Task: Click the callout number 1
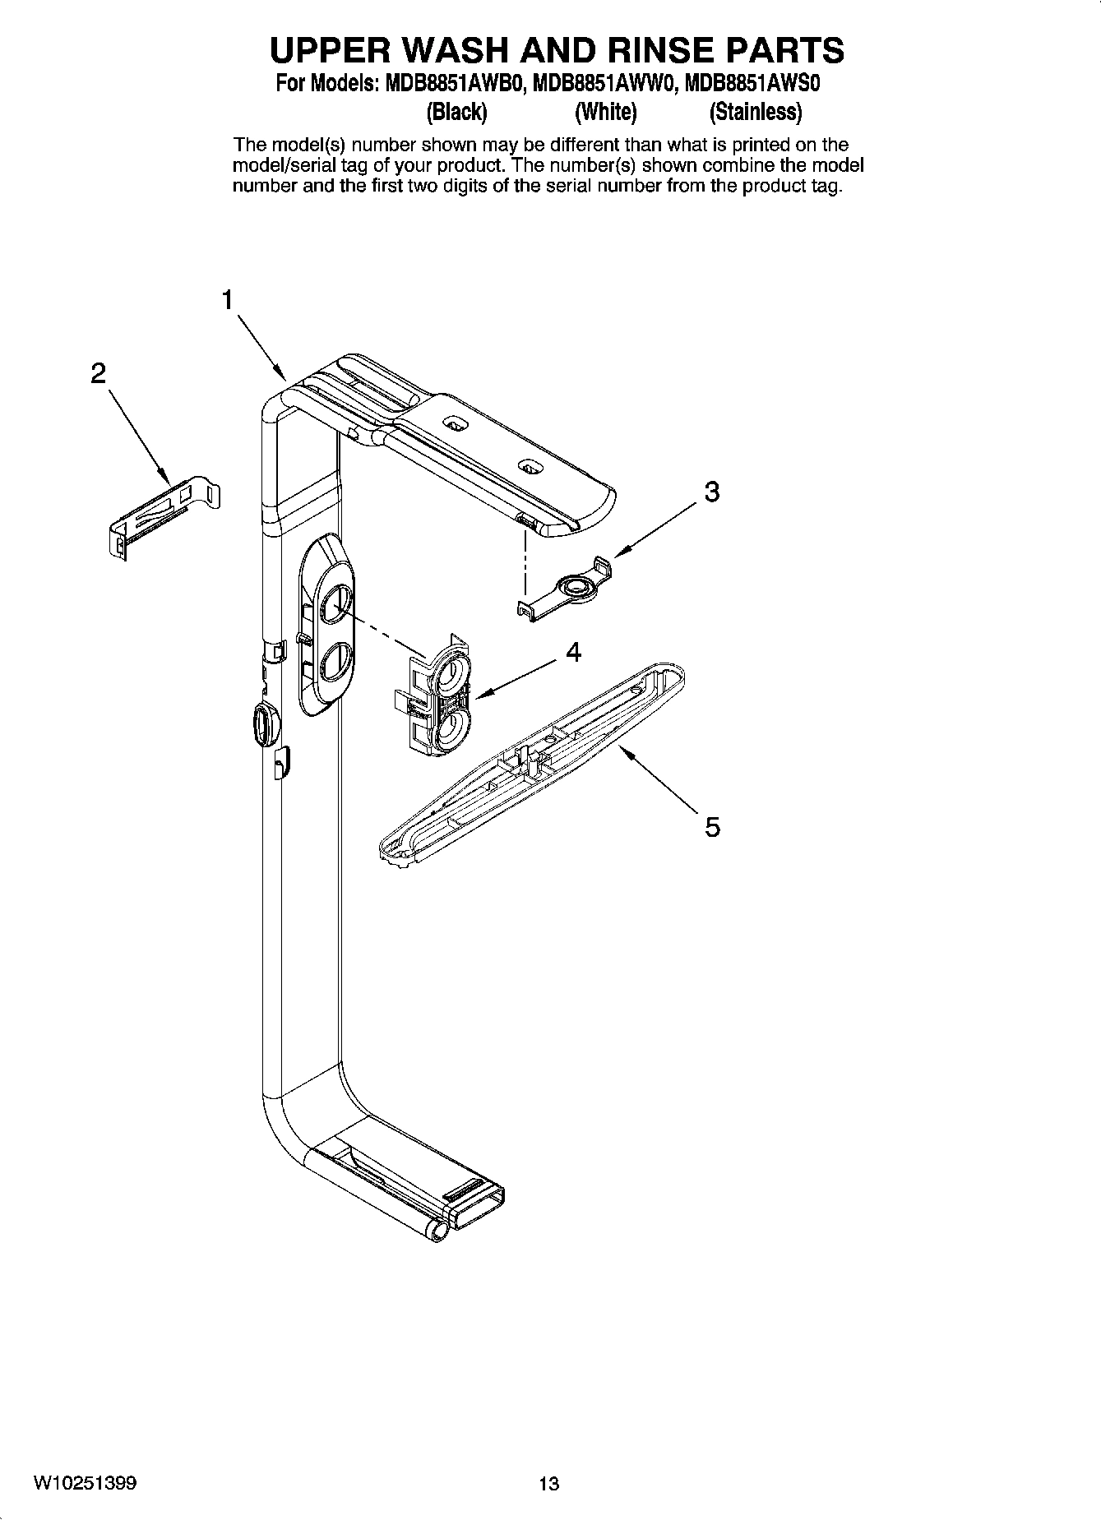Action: coord(228,301)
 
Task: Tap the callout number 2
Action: coord(98,374)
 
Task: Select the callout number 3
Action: coord(712,492)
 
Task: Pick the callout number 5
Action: coord(712,826)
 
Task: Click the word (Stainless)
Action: coord(755,111)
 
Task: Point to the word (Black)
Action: coord(457,111)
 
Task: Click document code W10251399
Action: coord(86,1484)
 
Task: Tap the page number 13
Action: coord(548,1484)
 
